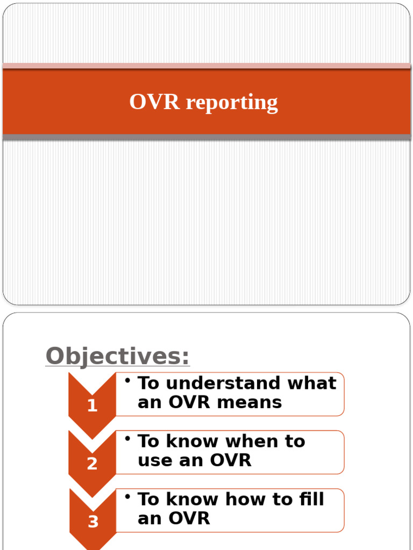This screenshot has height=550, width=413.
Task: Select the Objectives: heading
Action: [117, 356]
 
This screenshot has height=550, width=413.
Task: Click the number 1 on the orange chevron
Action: [92, 406]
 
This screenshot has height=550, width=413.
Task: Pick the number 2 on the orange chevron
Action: [92, 464]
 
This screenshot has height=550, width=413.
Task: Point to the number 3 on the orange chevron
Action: [93, 522]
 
